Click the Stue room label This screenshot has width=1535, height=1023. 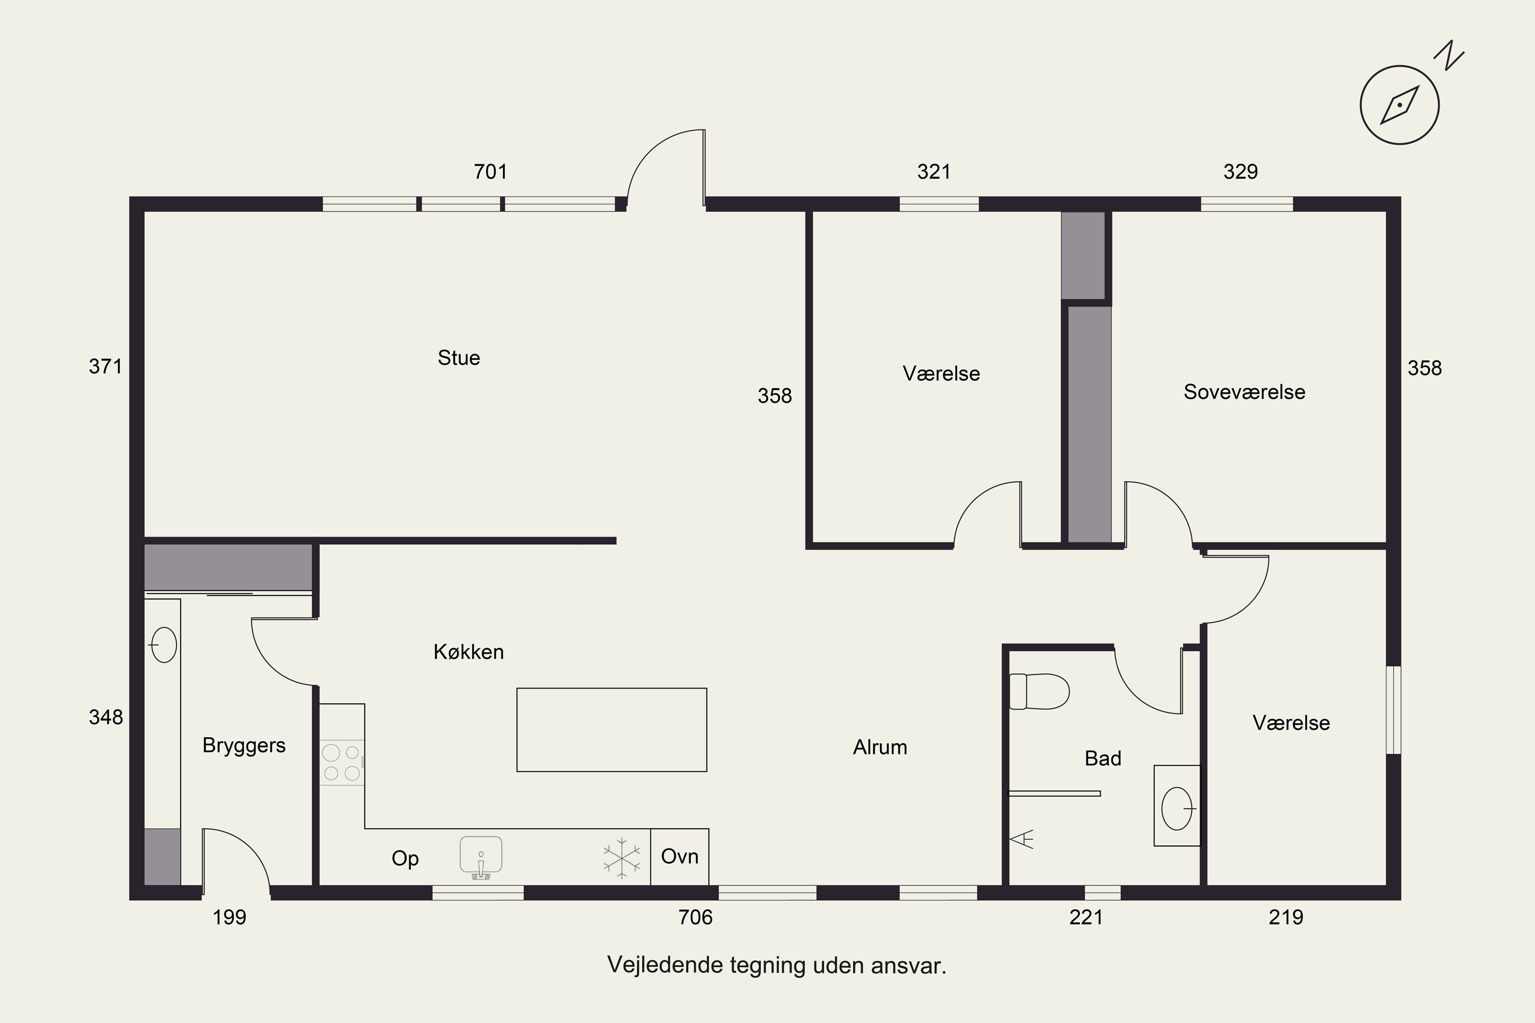(x=459, y=358)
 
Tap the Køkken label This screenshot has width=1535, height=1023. (x=469, y=652)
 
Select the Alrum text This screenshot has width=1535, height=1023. (x=880, y=747)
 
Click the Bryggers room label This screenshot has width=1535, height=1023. (x=244, y=745)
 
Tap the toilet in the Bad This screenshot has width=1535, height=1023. (x=1039, y=691)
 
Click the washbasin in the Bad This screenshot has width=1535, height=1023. (x=1177, y=808)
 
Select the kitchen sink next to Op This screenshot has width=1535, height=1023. (x=481, y=857)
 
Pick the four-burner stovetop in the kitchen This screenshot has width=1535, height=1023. (x=341, y=762)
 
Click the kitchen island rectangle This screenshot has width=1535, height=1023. (x=611, y=729)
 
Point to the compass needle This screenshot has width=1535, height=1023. (x=1400, y=104)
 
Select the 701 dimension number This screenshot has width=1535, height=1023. (x=490, y=171)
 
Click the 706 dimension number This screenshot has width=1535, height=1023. (x=696, y=917)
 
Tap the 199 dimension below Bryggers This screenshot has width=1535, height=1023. (x=230, y=917)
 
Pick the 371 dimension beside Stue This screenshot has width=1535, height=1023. (x=106, y=366)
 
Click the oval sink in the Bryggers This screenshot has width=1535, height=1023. (x=163, y=644)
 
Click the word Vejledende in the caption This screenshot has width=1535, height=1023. (x=665, y=965)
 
